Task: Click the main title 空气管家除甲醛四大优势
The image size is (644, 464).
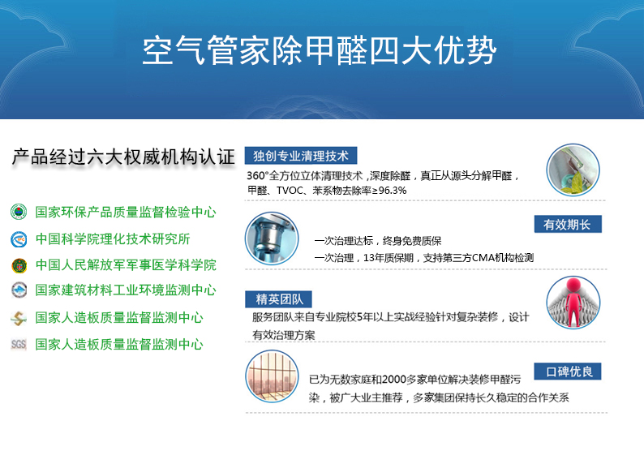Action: click(320, 50)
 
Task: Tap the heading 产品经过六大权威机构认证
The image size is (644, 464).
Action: click(123, 157)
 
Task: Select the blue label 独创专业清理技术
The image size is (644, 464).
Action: click(301, 156)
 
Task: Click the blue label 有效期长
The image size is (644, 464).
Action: click(568, 224)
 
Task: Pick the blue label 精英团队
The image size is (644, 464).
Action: click(278, 299)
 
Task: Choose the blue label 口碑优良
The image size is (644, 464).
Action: click(568, 372)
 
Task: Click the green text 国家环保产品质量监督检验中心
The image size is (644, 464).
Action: click(126, 212)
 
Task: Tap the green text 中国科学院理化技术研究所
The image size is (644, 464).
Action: click(113, 238)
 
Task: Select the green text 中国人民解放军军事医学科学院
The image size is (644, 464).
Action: click(126, 264)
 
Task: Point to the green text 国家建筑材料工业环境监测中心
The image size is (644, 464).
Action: click(126, 290)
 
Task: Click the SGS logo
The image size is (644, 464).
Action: click(19, 344)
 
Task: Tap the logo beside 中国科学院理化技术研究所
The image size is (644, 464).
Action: click(19, 239)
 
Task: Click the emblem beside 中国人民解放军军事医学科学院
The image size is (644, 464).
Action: click(19, 266)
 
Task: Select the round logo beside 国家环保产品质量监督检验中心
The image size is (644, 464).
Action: click(19, 212)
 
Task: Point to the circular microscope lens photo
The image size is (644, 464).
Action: click(272, 238)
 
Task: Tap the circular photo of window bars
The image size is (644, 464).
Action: click(272, 376)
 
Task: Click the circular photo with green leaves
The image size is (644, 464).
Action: click(573, 170)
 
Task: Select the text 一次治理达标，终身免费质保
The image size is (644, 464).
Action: click(377, 241)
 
